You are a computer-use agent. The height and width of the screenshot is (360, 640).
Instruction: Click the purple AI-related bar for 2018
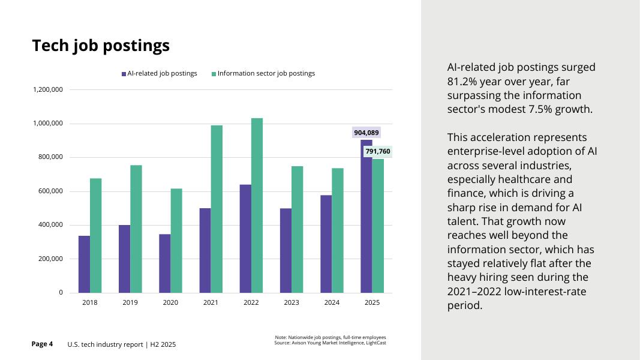pos(84,264)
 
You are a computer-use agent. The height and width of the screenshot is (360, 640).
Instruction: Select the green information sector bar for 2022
pos(257,205)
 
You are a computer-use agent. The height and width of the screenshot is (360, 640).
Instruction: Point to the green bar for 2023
pos(297,229)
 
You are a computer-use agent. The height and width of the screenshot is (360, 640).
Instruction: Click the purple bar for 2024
pos(326,244)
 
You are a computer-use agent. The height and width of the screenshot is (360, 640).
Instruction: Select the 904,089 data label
pos(366,133)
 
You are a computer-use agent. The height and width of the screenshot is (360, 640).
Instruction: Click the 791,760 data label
pos(378,151)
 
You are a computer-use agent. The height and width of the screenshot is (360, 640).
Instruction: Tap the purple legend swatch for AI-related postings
pos(124,74)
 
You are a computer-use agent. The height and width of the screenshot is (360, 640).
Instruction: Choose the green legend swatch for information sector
pos(214,74)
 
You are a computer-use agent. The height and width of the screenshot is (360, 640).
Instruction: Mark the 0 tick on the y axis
pos(61,293)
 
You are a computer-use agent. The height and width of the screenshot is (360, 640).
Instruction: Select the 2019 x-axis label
pos(130,302)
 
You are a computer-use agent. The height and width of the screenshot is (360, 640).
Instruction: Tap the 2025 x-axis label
pos(372,302)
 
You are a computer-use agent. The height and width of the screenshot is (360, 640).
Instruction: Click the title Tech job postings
pos(101,46)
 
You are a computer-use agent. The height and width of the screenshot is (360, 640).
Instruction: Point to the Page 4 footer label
pos(42,344)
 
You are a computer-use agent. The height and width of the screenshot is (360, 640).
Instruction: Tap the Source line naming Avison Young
pos(330,343)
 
